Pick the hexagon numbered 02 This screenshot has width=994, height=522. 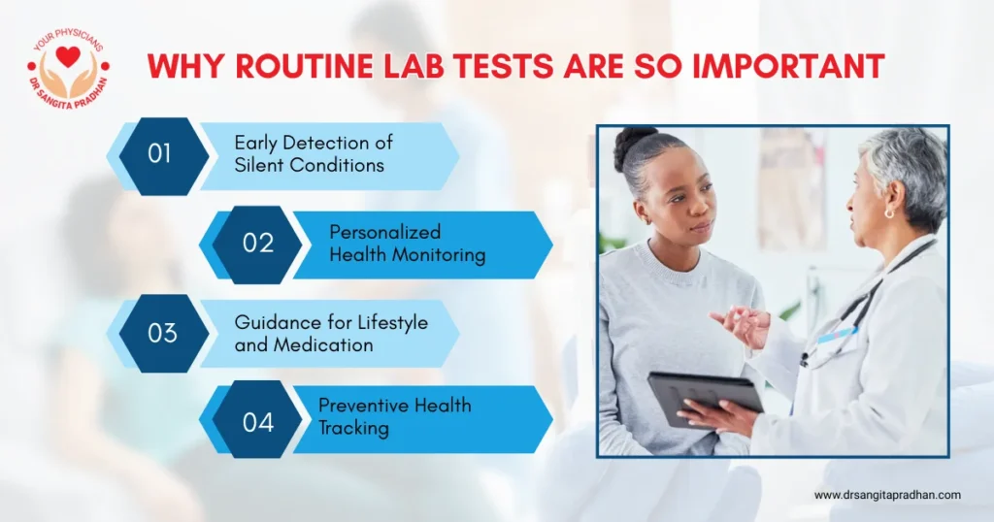click(257, 243)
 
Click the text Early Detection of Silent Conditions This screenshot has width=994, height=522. click(313, 154)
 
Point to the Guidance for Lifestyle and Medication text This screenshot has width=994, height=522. click(330, 333)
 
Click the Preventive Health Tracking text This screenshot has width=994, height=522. click(393, 415)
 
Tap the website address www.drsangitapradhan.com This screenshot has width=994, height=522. click(887, 495)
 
